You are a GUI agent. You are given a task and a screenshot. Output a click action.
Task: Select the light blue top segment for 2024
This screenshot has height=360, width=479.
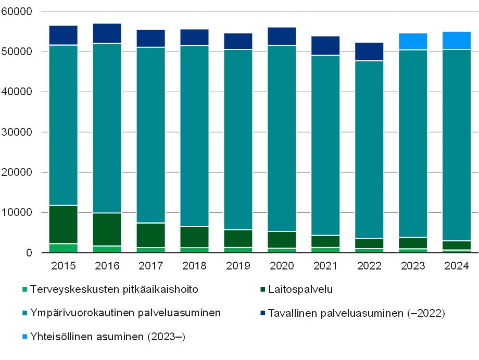click(457, 40)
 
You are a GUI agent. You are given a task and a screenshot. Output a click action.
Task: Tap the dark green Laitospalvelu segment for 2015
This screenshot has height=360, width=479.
click(64, 224)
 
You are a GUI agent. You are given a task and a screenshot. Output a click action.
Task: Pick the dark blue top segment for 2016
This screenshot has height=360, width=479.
click(107, 33)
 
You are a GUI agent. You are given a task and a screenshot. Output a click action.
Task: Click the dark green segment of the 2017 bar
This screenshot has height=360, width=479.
click(151, 235)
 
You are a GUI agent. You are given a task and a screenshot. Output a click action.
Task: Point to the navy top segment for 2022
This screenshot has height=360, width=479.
click(370, 52)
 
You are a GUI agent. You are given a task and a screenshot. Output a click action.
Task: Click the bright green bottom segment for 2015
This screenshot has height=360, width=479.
click(64, 248)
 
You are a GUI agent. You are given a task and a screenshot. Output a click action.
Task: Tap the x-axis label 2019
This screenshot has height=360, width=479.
click(238, 266)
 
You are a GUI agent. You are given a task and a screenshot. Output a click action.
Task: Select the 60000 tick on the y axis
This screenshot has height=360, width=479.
click(18, 11)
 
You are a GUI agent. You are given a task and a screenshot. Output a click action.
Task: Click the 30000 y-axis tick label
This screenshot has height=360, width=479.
click(18, 132)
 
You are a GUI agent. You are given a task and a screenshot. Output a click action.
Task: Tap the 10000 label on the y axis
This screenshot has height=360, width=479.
click(18, 213)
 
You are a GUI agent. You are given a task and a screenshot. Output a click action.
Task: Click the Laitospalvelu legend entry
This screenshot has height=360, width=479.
click(300, 289)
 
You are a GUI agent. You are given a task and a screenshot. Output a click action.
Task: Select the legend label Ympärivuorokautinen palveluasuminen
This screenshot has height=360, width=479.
click(125, 313)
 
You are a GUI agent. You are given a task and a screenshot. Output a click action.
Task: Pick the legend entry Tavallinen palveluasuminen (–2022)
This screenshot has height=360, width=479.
click(356, 313)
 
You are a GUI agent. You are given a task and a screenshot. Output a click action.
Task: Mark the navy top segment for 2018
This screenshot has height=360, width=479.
click(195, 37)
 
